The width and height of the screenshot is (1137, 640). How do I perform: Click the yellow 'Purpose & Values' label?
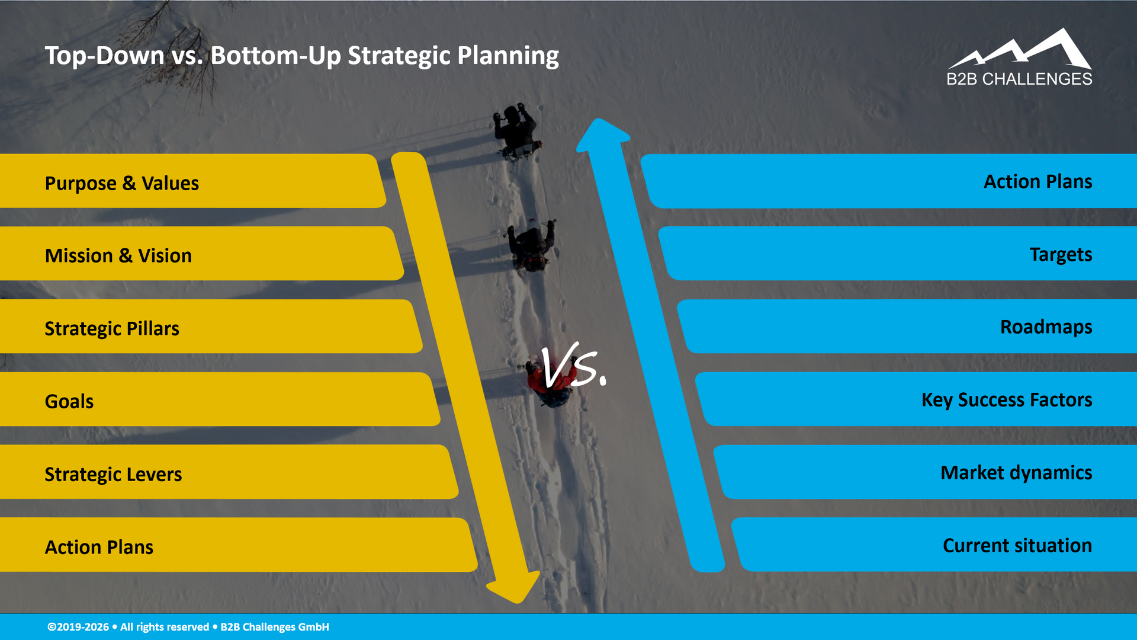[x=121, y=183]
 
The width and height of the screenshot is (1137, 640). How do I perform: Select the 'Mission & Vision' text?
[x=118, y=255]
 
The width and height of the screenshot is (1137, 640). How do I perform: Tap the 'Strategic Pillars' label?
[x=112, y=328]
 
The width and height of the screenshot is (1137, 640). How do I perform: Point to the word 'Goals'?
[x=69, y=401]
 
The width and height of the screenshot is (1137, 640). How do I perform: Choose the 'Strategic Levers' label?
[x=113, y=474]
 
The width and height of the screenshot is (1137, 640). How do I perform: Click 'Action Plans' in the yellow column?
[x=99, y=547]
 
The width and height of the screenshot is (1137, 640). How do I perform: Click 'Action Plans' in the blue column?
[x=1038, y=181]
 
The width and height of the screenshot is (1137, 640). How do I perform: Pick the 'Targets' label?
[x=1061, y=254]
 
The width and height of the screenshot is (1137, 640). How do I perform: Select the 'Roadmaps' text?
[x=1046, y=327]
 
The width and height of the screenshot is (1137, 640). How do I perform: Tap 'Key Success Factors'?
[x=1006, y=400]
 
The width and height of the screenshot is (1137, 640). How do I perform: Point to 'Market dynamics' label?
[x=1016, y=473]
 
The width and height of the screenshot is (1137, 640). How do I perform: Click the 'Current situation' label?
[x=1017, y=545]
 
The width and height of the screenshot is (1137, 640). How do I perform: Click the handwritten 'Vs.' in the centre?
[x=572, y=367]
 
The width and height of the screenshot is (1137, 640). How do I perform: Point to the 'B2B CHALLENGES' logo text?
[x=1019, y=79]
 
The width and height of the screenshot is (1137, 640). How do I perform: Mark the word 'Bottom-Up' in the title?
[x=275, y=56]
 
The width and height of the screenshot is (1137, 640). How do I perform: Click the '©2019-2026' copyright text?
[x=78, y=627]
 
